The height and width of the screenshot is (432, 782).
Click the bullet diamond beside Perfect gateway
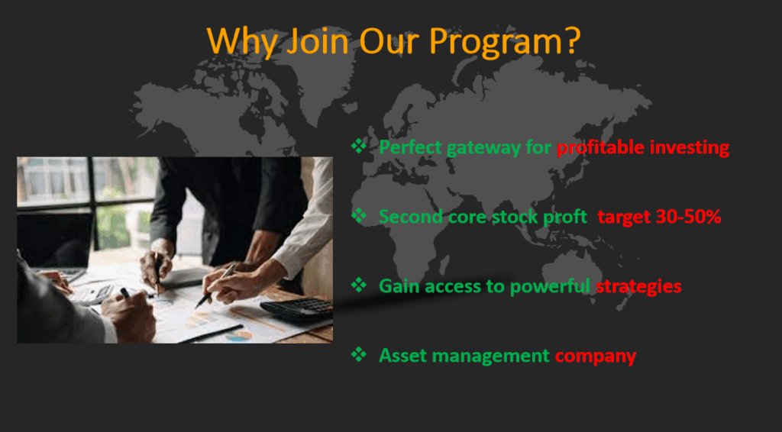point(359,146)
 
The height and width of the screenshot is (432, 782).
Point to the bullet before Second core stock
point(359,215)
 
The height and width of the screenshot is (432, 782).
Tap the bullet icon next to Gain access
point(359,285)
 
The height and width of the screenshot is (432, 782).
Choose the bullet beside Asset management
point(359,354)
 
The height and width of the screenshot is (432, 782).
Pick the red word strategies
point(639,287)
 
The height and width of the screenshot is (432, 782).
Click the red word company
point(596,356)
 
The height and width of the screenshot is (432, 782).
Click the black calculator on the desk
point(297,309)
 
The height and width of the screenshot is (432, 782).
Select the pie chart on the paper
point(238,337)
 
